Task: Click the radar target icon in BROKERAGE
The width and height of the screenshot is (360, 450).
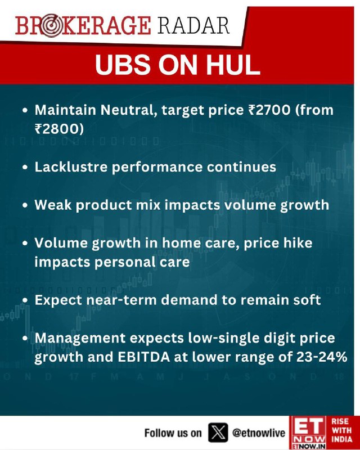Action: (x=50, y=26)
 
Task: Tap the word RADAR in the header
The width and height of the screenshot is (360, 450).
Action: (x=193, y=26)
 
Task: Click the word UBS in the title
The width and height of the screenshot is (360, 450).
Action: (x=123, y=65)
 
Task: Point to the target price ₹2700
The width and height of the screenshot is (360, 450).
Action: (x=269, y=110)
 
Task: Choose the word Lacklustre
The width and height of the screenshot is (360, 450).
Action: (x=71, y=166)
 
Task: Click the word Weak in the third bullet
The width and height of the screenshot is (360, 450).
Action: (x=53, y=205)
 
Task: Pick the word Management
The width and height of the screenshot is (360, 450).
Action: (x=80, y=339)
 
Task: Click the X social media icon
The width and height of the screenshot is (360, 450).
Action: (x=218, y=433)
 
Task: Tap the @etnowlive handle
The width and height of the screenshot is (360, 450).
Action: (x=259, y=433)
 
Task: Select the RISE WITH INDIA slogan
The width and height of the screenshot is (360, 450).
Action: (x=341, y=430)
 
